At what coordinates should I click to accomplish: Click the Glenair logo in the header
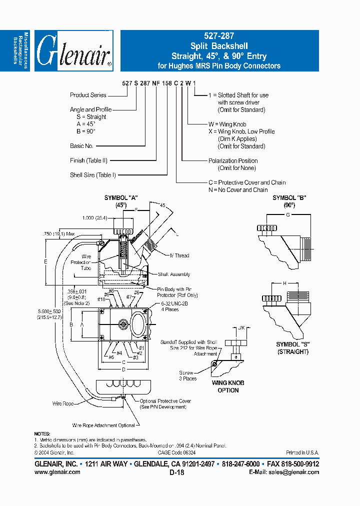click(73, 51)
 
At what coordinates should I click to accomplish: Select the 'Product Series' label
click(88, 95)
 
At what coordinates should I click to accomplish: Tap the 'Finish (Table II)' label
click(88, 160)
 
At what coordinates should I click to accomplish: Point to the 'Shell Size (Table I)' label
click(92, 175)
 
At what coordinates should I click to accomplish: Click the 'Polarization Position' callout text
click(232, 161)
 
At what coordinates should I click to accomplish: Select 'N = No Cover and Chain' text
click(238, 190)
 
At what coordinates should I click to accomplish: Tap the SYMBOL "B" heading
click(289, 198)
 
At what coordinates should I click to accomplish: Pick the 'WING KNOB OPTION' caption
click(228, 386)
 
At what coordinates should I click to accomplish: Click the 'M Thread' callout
click(178, 256)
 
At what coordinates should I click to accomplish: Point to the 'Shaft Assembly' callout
click(173, 274)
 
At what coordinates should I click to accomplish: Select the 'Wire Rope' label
click(63, 403)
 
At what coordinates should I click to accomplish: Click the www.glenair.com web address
click(57, 472)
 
